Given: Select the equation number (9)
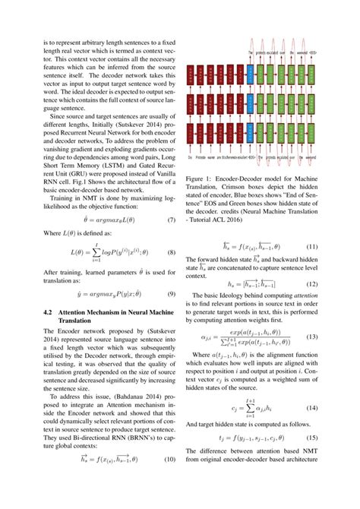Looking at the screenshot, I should (x=172, y=293).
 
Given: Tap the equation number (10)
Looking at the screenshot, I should (x=171, y=480).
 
